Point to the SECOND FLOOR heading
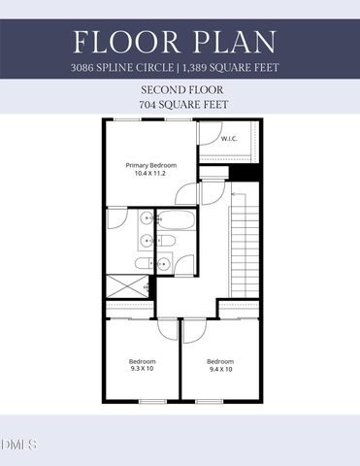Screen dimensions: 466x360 click(180, 88)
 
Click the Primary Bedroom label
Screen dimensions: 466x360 click(150, 165)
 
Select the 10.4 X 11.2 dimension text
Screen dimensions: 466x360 click(150, 174)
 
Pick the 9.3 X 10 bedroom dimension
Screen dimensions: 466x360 click(142, 369)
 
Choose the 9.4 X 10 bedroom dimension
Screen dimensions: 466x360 click(220, 369)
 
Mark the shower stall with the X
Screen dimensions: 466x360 click(125, 286)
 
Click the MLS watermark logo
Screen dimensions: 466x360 click(19, 446)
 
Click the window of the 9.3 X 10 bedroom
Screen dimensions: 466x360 click(147, 400)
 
